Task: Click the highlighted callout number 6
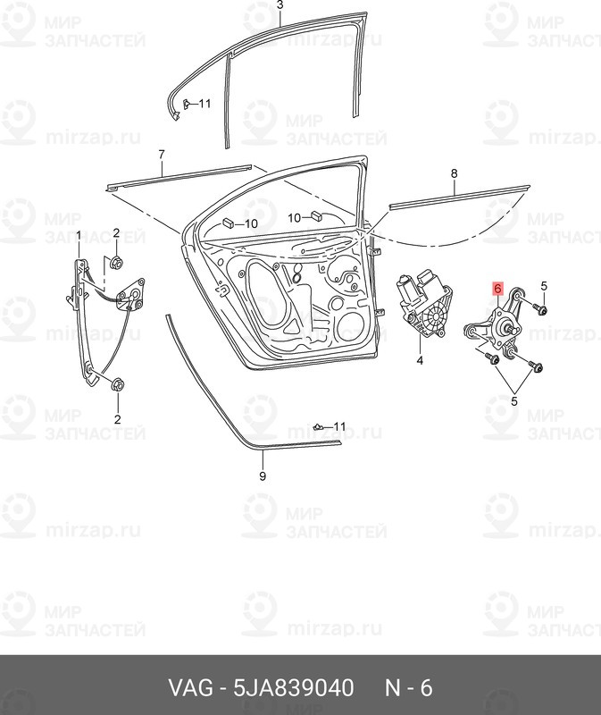coord(497,288)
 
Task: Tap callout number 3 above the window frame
coord(280,5)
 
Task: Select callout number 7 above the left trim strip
coord(162,155)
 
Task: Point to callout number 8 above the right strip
coord(454,173)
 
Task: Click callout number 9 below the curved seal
coord(263,476)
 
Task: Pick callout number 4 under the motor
coord(420,361)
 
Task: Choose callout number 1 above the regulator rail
coord(79,236)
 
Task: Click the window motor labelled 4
coord(423,305)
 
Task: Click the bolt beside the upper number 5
coord(541,310)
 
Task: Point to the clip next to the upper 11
coord(187,104)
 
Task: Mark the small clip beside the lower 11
coord(319,427)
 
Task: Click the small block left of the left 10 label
coord(229,223)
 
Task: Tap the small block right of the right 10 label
coord(315,215)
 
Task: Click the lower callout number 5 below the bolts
coord(514,401)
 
